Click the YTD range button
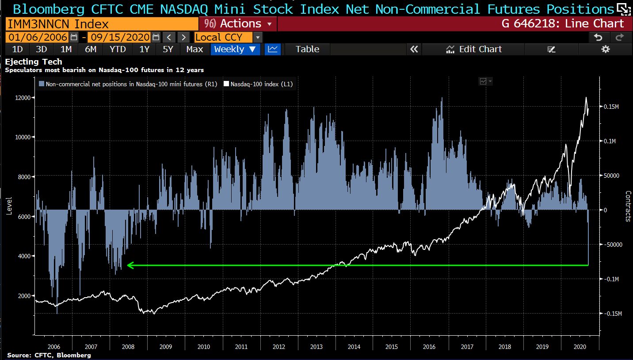point(118,49)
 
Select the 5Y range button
point(168,49)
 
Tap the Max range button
point(194,49)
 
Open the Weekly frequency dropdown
point(235,49)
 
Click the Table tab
point(307,49)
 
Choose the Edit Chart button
point(474,49)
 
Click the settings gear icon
point(606,49)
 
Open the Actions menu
point(238,23)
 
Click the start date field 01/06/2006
point(37,37)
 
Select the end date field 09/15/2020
point(119,37)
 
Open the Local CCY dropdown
point(228,37)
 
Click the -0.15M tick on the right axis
point(613,314)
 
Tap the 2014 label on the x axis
point(354,347)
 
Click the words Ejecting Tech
point(34,62)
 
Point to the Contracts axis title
point(628,206)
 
